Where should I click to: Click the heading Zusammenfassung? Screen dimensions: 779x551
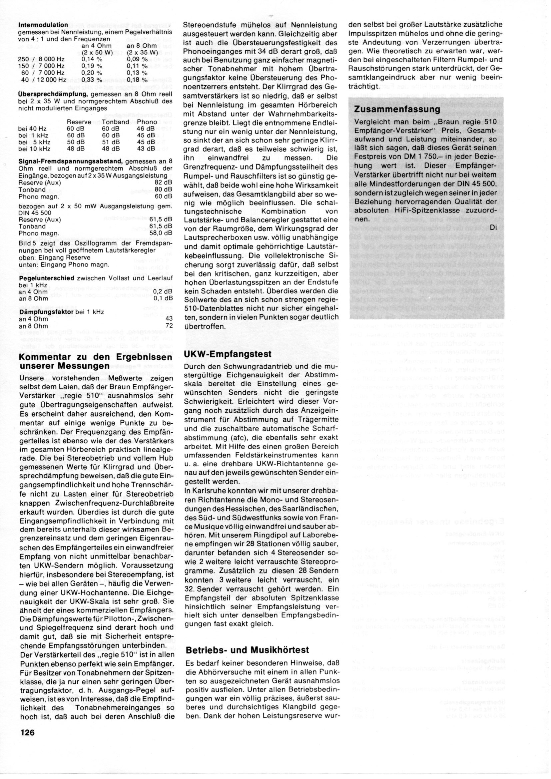(397, 109)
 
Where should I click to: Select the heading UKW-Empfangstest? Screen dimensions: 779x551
(228, 354)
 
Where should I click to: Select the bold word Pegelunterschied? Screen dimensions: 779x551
(47, 278)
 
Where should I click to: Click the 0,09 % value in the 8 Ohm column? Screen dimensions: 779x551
(137, 59)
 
